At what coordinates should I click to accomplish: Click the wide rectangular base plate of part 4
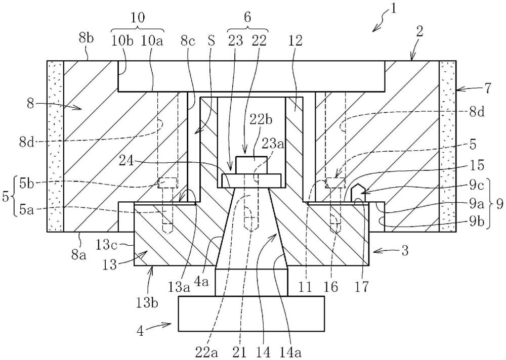(x=251, y=313)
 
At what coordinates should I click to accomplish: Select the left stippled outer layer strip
(x=55, y=146)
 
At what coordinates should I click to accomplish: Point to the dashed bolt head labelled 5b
(x=167, y=182)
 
